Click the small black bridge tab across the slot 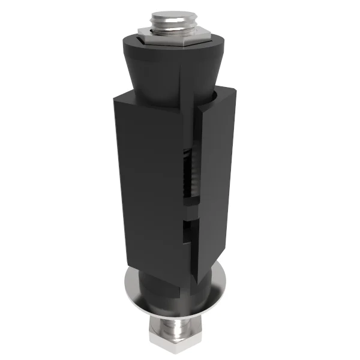[191, 213]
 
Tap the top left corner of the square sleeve [113, 96]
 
